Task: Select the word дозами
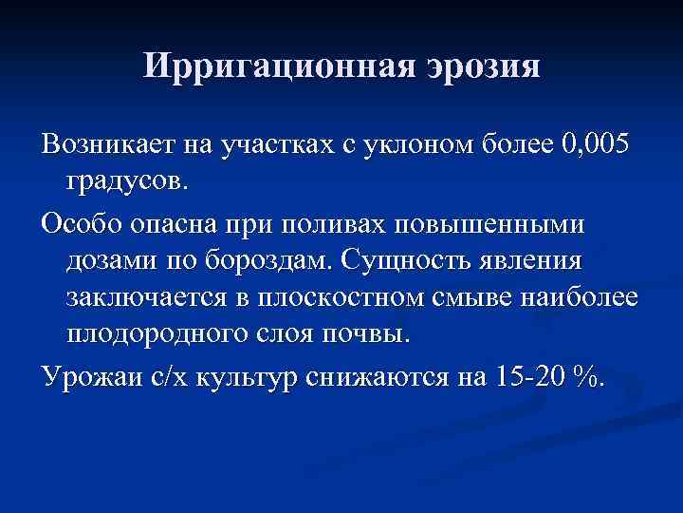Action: [116, 259]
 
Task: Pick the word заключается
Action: [147, 295]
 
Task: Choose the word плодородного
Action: [160, 332]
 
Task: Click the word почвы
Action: [376, 332]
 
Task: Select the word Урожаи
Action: [89, 376]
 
